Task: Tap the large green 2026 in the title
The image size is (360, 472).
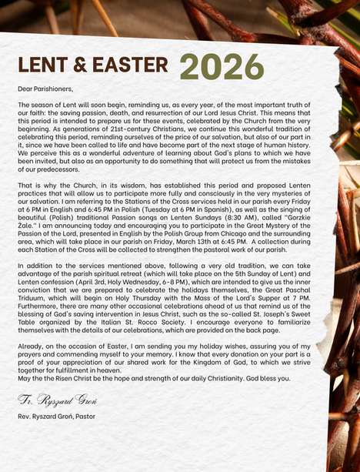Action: pos(222,67)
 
